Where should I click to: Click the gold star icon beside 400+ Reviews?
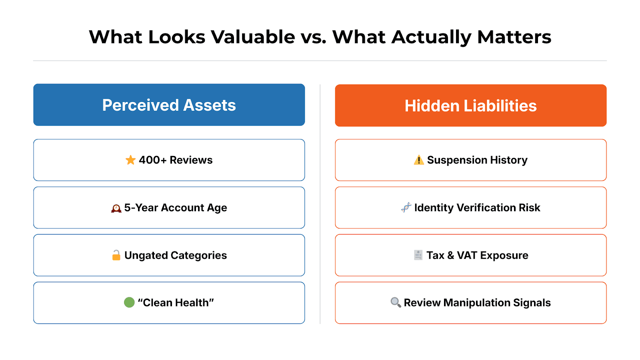130,160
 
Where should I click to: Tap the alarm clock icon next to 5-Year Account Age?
116,208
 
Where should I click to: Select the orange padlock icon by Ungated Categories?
116,255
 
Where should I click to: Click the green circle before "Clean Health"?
129,302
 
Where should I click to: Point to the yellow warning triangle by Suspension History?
419,160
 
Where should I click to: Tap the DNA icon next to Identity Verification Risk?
406,208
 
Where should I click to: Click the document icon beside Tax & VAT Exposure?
418,255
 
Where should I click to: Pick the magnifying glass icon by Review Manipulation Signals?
396,302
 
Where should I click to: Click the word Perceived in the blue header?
140,105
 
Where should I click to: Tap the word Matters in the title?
514,37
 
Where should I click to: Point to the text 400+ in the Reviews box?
152,160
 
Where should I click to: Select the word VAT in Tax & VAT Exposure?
467,255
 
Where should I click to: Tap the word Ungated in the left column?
146,256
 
